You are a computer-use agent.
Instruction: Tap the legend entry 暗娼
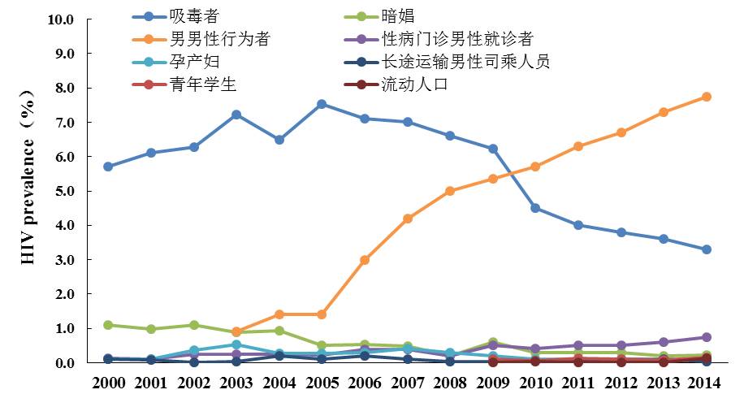[x=399, y=15]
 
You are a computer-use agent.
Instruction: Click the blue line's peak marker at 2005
[x=322, y=104]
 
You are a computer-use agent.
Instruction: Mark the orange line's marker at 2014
[x=707, y=97]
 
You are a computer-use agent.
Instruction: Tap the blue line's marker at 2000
[x=108, y=167]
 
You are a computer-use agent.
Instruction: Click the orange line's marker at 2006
[x=365, y=260]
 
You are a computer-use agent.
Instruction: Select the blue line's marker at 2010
[x=535, y=208]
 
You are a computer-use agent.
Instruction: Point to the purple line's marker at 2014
[x=707, y=337]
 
